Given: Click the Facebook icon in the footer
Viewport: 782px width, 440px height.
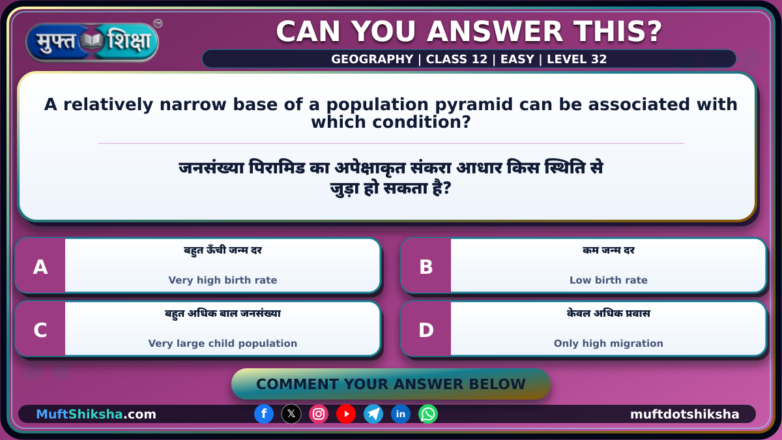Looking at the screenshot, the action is pos(264,414).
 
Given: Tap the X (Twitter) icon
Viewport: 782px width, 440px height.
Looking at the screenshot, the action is pos(291,414).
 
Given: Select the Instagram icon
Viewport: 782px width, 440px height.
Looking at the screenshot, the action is pos(319,414).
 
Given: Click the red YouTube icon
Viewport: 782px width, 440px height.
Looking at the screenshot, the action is pos(346,414).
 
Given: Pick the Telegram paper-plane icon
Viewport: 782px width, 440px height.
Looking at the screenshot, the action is pos(373,414).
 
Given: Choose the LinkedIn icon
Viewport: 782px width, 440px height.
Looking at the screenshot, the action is pos(400,414).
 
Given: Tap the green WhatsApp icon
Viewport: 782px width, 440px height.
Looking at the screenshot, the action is pos(428,414).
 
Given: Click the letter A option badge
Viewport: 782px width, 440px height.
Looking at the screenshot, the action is pos(40,266).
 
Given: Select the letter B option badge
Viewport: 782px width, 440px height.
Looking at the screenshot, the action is pos(426,266).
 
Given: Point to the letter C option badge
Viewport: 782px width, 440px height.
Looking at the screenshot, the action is pos(40,329).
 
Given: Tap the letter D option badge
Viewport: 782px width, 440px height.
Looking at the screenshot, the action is pos(426,329).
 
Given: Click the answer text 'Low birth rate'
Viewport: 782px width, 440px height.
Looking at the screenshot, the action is pos(609,280).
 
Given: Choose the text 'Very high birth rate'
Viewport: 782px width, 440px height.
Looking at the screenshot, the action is pos(223,280).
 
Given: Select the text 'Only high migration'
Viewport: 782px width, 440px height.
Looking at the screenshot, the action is pos(609,344).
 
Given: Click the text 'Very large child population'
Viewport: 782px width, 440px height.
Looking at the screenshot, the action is pos(223,344).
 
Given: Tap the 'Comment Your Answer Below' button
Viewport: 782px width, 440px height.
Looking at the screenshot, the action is pos(390,384).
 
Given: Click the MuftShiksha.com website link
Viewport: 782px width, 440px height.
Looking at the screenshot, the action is pos(96,414).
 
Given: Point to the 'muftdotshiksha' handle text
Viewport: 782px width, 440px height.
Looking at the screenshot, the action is pos(685,414).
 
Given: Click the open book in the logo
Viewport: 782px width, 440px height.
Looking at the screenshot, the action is pos(92,41).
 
